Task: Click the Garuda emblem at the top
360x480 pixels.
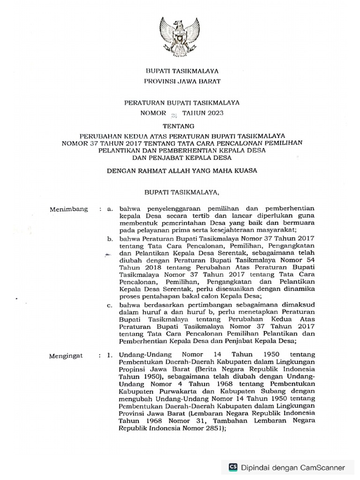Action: tap(180, 37)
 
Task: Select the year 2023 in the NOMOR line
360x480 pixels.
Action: tap(213, 113)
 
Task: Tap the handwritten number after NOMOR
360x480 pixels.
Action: tap(173, 114)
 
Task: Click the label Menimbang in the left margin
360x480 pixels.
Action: tap(68, 209)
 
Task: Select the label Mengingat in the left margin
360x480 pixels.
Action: tap(66, 356)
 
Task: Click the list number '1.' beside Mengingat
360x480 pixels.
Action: tap(110, 356)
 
